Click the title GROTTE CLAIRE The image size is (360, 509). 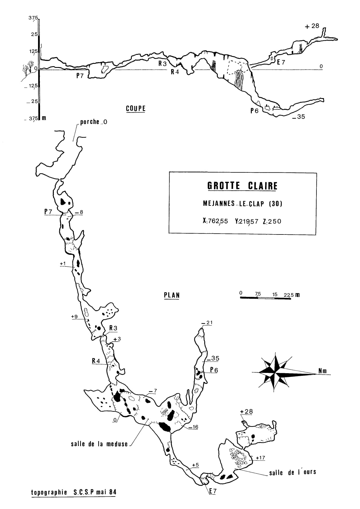(242, 186)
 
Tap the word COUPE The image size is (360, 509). (136, 109)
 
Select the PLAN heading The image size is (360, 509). (172, 295)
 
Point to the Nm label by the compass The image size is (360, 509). (323, 371)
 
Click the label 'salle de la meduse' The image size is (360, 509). (99, 444)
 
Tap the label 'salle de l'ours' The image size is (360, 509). (292, 472)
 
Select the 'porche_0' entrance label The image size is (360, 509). (93, 122)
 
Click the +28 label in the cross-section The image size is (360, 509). (312, 26)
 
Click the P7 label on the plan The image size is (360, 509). (48, 212)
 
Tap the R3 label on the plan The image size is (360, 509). (113, 328)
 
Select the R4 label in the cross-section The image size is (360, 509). (175, 72)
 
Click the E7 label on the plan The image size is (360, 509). (213, 491)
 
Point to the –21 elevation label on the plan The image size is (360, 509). (207, 323)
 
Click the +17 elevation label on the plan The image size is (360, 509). (260, 458)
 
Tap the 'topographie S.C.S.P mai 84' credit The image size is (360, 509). (74, 492)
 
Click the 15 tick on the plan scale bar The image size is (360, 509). (275, 294)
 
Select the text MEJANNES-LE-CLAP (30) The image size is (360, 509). (242, 204)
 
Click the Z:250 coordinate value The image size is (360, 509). (272, 221)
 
